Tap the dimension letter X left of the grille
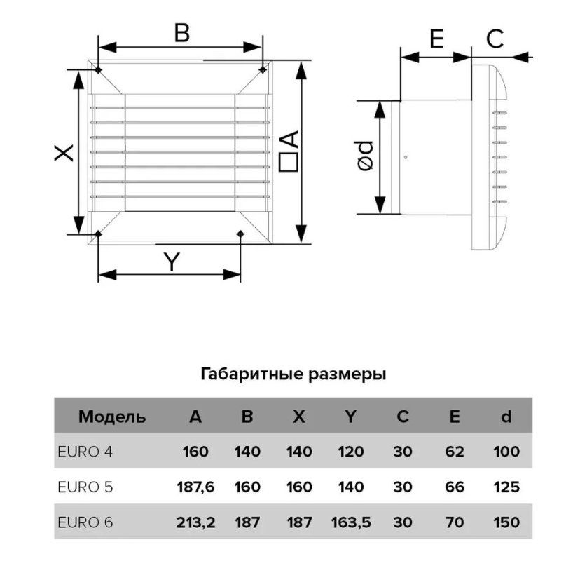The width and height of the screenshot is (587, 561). coord(64,154)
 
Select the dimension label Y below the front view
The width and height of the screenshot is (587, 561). coord(172,262)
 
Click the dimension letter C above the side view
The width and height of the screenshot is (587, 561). coord(495,39)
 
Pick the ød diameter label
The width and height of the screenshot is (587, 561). coord(366,156)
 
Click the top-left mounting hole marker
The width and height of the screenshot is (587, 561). coord(99,70)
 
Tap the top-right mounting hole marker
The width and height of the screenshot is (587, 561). coord(263,69)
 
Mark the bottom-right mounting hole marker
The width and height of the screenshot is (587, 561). coord(240,234)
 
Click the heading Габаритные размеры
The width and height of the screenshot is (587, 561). coord(293,374)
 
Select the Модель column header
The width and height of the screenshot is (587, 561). coord(112,417)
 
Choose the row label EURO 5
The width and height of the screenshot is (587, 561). coord(85,487)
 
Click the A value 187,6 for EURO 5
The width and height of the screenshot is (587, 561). coord(195,487)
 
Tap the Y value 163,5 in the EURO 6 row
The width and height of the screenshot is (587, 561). coord(351,522)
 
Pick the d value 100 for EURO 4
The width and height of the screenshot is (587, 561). coord(506,452)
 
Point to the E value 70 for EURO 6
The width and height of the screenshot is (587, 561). coord(455,522)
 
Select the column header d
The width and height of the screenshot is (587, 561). coord(506,416)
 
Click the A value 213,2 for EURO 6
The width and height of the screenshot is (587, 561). coord(195,522)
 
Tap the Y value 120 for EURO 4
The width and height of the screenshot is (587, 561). coord(351,452)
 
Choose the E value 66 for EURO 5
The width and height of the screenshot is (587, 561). coord(455,487)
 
